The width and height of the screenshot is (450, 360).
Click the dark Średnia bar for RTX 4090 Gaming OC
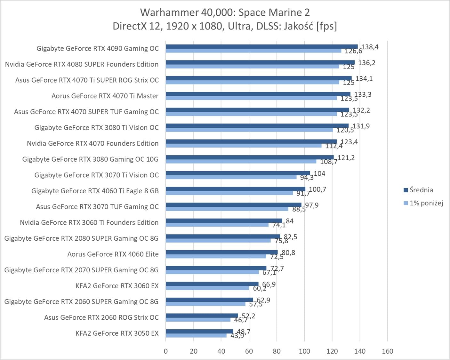pos(261,47)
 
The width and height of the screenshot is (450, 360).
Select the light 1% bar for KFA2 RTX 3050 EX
pos(196,336)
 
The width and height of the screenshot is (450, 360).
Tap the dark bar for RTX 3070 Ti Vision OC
pos(237,173)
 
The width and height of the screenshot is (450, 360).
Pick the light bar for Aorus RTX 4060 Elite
pos(216,256)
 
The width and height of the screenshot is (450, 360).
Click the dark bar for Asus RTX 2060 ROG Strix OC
pos(202,316)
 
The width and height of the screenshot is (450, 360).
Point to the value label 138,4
pos(370,47)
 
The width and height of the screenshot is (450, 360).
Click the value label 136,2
pos(367,63)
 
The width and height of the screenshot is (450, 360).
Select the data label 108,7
pos(329,162)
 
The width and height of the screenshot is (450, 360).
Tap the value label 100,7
pos(317,189)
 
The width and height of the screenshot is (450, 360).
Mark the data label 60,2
pos(260,289)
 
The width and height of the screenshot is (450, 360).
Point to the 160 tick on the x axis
pos(387,351)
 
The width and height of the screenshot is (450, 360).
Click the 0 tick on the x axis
pos(165,351)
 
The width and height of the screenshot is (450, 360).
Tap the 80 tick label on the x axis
pos(277,351)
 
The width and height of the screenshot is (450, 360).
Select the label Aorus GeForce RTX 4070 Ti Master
pos(105,96)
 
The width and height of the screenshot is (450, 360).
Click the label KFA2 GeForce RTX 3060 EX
pos(117,286)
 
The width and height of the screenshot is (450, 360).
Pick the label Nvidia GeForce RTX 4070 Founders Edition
pos(92,143)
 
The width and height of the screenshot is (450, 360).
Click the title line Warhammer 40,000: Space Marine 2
pos(225,12)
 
